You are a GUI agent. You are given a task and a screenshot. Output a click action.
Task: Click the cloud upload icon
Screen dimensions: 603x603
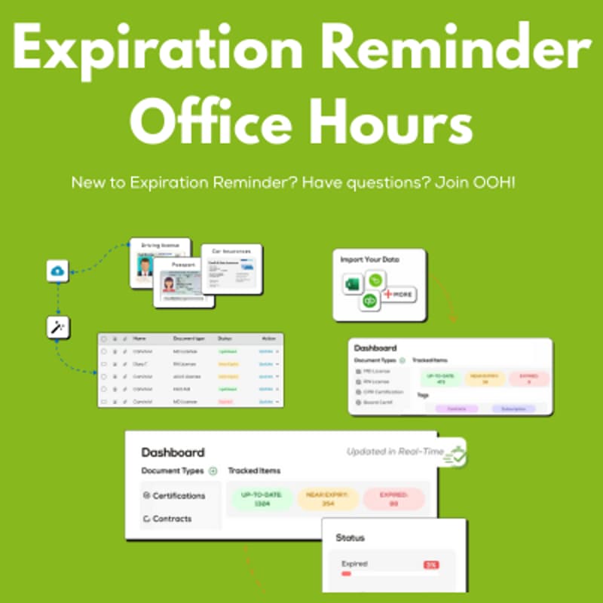[x=57, y=271]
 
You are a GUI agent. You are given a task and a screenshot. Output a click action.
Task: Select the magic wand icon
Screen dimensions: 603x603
[x=57, y=327]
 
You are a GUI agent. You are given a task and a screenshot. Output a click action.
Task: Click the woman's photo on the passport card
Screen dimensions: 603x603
[x=169, y=285]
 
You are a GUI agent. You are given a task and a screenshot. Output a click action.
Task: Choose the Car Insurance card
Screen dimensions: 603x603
[x=231, y=268]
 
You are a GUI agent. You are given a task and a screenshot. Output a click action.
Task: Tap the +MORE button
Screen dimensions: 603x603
[x=400, y=293]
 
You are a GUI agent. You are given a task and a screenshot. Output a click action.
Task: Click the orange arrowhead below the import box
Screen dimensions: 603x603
[x=454, y=319]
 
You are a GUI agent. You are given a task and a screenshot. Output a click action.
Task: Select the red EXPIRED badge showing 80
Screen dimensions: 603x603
[x=394, y=498]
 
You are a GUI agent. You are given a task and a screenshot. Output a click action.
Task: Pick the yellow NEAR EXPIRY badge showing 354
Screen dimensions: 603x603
[x=328, y=498]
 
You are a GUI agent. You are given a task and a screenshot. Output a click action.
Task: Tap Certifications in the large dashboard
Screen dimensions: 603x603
[x=178, y=496]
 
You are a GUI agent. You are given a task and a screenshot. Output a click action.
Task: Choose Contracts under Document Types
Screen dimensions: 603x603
[x=172, y=519]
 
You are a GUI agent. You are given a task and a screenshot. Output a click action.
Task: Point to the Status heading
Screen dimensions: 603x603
[x=350, y=537]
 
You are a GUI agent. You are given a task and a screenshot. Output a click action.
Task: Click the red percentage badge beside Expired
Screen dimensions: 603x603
[x=431, y=564]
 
